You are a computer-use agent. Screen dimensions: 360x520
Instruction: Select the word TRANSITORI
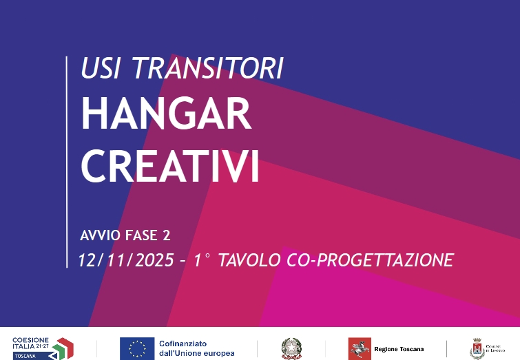[x=207, y=67]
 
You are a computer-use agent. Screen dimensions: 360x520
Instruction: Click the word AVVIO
[x=101, y=235]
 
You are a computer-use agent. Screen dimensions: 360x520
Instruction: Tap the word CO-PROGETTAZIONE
[x=372, y=260]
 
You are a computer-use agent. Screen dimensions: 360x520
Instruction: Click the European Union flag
[x=136, y=348]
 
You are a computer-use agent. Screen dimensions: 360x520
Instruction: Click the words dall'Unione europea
[x=197, y=353]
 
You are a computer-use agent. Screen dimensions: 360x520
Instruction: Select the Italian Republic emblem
[x=289, y=348]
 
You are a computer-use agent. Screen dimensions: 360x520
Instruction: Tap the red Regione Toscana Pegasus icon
[x=359, y=348]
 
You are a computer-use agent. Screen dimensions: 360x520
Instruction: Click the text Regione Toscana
[x=399, y=349]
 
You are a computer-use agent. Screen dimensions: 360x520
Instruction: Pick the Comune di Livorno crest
[x=476, y=348]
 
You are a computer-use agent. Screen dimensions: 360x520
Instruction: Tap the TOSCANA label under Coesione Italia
[x=28, y=355]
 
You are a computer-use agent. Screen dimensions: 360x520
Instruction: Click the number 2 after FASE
[x=165, y=235]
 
